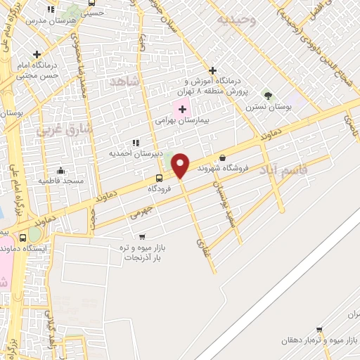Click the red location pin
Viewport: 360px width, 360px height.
coord(181,166)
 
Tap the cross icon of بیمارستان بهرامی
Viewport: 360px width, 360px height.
coord(183,109)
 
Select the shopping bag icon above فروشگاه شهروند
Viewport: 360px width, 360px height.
coord(223,157)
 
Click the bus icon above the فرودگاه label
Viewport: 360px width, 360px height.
coord(160,178)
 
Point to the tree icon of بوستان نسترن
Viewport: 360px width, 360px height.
coord(266,96)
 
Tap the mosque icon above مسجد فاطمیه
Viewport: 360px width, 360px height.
coord(61,170)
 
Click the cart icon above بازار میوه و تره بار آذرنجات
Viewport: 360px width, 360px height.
coord(143,237)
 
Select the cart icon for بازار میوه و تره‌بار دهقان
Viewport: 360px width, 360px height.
coord(319,330)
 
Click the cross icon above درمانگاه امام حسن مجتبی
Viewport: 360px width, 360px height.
coord(37,54)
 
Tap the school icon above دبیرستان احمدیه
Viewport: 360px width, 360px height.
coord(136,143)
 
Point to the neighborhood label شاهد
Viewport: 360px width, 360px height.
coord(126,82)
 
